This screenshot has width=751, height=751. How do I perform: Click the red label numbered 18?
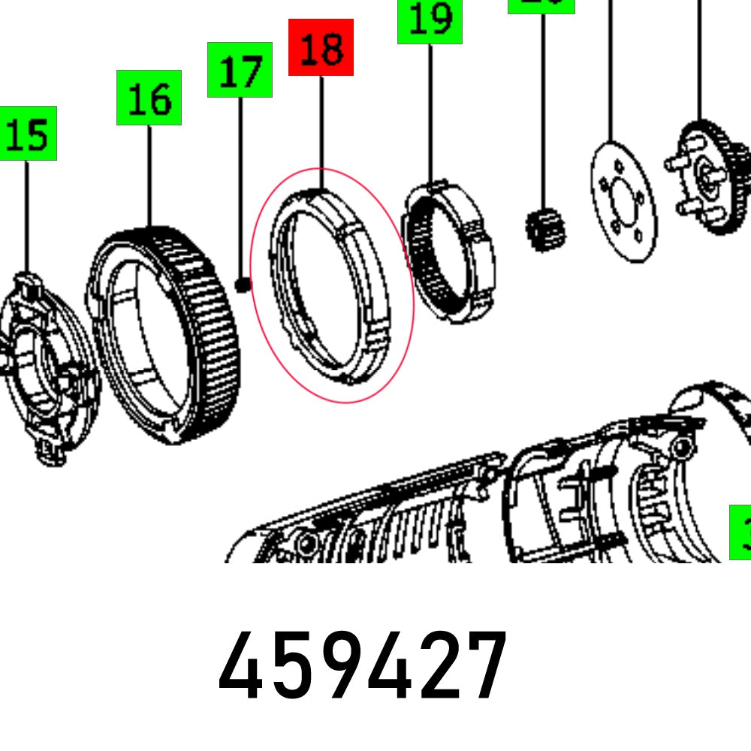321,47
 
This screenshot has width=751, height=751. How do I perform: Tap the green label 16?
149,98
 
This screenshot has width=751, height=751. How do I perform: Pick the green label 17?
240,70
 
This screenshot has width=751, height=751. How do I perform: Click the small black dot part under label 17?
243,285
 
